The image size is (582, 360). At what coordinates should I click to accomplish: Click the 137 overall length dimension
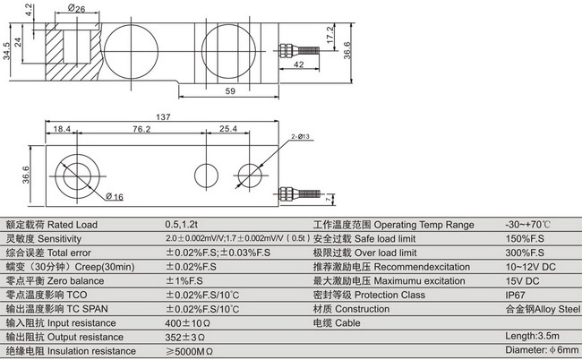[x=162, y=117]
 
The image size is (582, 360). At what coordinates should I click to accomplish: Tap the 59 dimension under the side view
[x=229, y=91]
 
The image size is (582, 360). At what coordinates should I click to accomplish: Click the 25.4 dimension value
[x=229, y=130]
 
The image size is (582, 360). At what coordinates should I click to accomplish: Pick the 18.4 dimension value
[x=62, y=130]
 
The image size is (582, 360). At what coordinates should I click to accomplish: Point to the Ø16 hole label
[x=114, y=196]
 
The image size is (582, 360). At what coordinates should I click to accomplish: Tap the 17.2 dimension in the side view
[x=330, y=39]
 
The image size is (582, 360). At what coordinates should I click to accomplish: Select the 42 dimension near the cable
[x=300, y=64]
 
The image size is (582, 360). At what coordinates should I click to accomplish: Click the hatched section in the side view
[x=67, y=46]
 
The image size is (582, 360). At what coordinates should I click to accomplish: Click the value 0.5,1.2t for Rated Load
[x=184, y=225]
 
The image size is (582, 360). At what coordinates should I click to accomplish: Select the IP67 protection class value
[x=517, y=295]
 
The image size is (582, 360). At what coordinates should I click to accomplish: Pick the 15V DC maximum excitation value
[x=525, y=281]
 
